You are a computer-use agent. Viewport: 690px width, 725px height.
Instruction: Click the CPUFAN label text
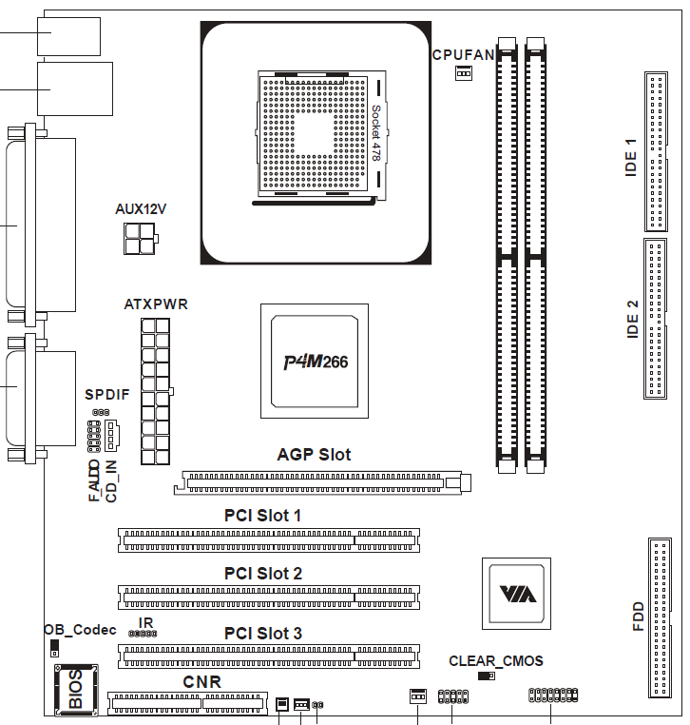point(463,55)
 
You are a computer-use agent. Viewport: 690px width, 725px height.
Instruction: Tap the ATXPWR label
point(156,304)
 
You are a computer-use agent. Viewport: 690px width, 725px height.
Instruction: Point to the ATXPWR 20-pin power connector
point(156,391)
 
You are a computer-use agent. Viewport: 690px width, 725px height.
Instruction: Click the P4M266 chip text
point(316,362)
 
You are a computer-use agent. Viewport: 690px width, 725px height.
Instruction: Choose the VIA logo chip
point(517,593)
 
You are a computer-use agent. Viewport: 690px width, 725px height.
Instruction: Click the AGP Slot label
point(314,455)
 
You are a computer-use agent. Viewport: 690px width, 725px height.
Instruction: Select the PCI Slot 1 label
point(263,516)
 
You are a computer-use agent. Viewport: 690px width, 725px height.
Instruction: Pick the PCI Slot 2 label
point(263,574)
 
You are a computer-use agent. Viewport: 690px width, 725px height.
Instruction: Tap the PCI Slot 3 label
point(263,633)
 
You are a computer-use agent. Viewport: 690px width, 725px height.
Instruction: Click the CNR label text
point(201,682)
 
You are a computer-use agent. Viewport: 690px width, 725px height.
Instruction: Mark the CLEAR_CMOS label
point(496,661)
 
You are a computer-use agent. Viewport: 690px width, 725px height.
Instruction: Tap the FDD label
point(638,617)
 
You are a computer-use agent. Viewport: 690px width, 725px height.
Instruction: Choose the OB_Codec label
point(80,630)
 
